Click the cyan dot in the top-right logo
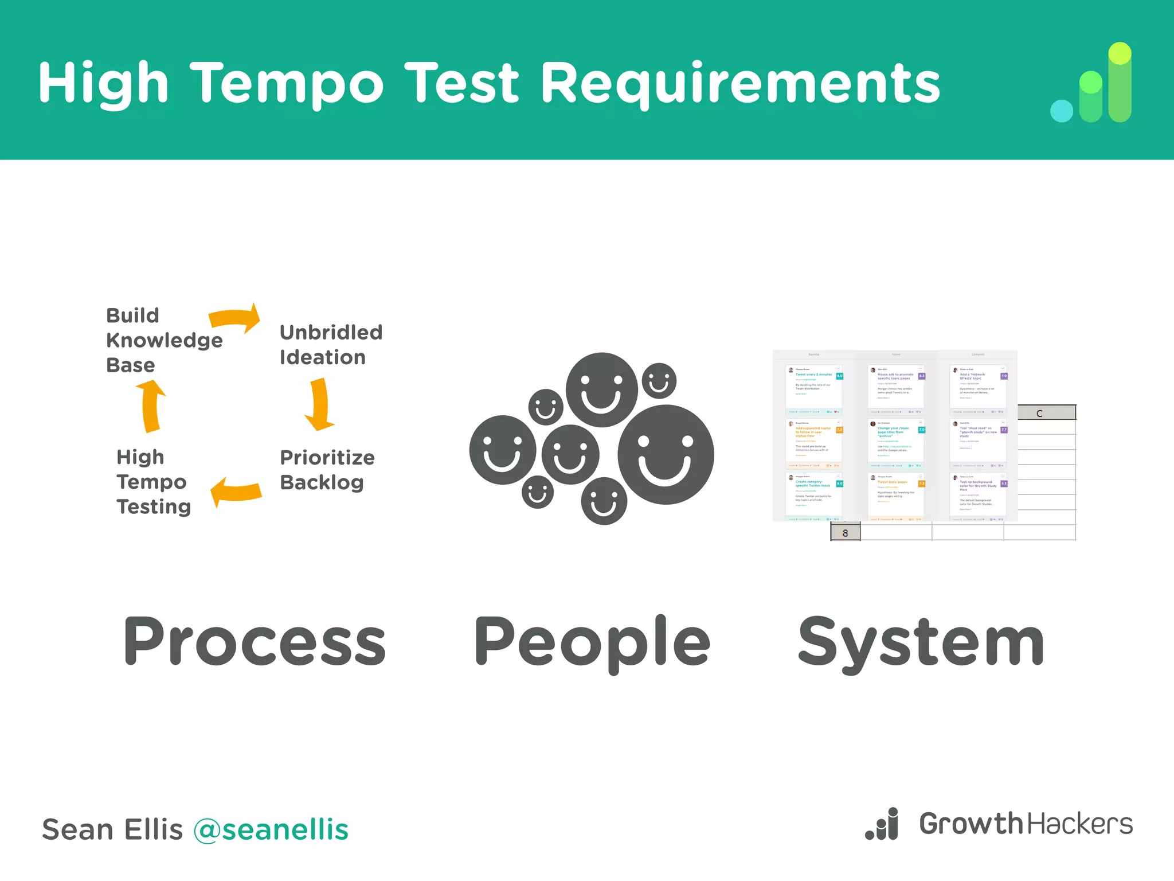[1061, 111]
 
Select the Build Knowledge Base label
[163, 340]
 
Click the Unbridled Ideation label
[330, 345]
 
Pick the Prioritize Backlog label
[327, 470]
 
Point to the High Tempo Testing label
[152, 482]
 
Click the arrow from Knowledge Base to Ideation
[236, 319]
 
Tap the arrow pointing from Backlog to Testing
[236, 492]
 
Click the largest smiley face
[666, 454]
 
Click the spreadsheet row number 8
[845, 533]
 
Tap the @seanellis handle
[271, 829]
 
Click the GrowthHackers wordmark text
[1026, 824]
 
